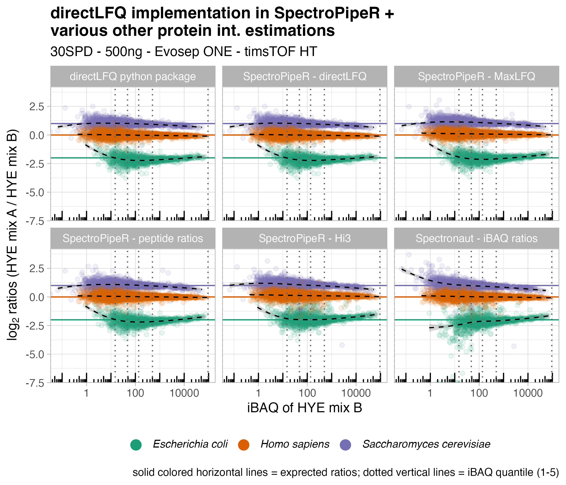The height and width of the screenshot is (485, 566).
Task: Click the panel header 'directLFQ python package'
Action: [133, 77]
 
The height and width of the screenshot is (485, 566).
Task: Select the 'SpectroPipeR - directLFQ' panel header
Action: [305, 77]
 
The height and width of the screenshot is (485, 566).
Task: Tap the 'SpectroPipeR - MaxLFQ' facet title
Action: [477, 77]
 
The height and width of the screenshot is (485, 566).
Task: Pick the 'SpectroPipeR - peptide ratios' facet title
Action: [133, 238]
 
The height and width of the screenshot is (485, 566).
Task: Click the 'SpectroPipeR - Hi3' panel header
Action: [305, 238]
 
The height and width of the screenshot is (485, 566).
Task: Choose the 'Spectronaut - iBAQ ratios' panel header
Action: [477, 238]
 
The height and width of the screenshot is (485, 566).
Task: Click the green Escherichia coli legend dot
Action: [136, 445]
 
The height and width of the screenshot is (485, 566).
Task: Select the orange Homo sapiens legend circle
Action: [244, 445]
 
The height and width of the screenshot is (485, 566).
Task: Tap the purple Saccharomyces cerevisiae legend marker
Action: [345, 445]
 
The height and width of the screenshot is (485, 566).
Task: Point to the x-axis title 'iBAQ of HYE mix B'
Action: [305, 408]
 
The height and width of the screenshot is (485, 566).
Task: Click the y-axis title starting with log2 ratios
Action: [12, 235]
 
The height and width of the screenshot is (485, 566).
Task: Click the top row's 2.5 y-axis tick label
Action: [37, 106]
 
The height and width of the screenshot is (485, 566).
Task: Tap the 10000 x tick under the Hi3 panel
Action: [356, 393]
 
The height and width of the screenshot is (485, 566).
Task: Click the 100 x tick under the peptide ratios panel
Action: [135, 393]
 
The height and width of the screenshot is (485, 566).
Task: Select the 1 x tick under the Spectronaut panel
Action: [430, 393]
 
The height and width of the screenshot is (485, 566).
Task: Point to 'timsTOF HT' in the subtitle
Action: [281, 52]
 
